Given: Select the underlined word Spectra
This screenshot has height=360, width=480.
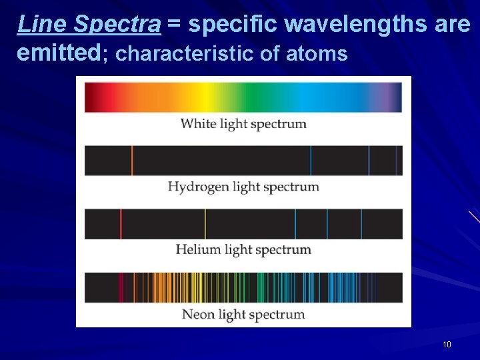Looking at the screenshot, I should (117, 24).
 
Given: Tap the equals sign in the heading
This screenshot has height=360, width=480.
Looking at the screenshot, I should (174, 25).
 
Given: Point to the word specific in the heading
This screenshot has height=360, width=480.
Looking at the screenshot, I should (233, 24).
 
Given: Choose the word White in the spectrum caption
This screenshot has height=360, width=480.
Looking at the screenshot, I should (197, 124).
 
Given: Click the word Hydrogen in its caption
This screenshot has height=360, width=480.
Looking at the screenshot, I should (198, 187).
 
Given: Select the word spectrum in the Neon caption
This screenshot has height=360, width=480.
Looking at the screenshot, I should (276, 315).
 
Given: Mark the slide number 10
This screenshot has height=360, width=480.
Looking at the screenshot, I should (447, 345).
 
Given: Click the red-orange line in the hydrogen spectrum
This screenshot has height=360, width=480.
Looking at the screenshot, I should (132, 161).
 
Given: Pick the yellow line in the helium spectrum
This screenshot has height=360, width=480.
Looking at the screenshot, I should (205, 224).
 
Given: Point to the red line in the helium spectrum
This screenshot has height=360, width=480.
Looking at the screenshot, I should (121, 224).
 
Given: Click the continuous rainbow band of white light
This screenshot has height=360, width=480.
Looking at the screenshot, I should (243, 97).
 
